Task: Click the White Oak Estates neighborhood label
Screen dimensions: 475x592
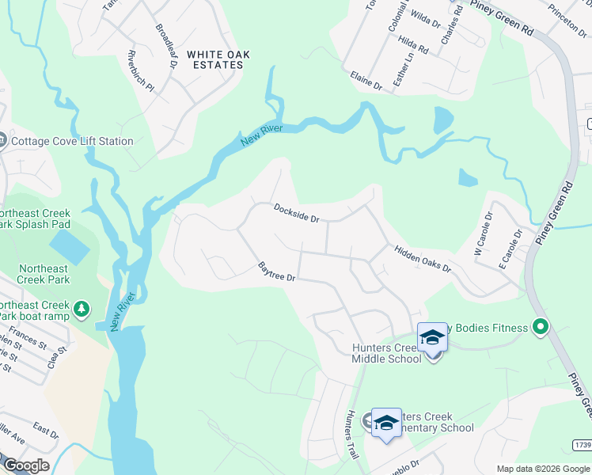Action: click(x=218, y=59)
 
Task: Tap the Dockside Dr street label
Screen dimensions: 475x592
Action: click(x=296, y=213)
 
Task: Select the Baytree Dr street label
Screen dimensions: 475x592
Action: click(x=277, y=272)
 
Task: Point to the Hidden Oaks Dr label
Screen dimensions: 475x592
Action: click(x=423, y=258)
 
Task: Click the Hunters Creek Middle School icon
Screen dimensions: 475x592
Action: click(x=432, y=339)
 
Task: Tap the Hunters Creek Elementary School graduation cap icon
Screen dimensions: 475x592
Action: click(x=385, y=422)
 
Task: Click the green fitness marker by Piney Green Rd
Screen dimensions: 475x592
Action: click(x=541, y=326)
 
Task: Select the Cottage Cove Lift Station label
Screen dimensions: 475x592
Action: click(x=72, y=142)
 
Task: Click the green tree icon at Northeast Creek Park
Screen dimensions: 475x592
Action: click(x=81, y=308)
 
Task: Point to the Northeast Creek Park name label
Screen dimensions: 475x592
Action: click(x=44, y=274)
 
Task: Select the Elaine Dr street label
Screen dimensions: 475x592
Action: click(x=366, y=79)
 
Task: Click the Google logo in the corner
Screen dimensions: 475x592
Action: click(x=26, y=465)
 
